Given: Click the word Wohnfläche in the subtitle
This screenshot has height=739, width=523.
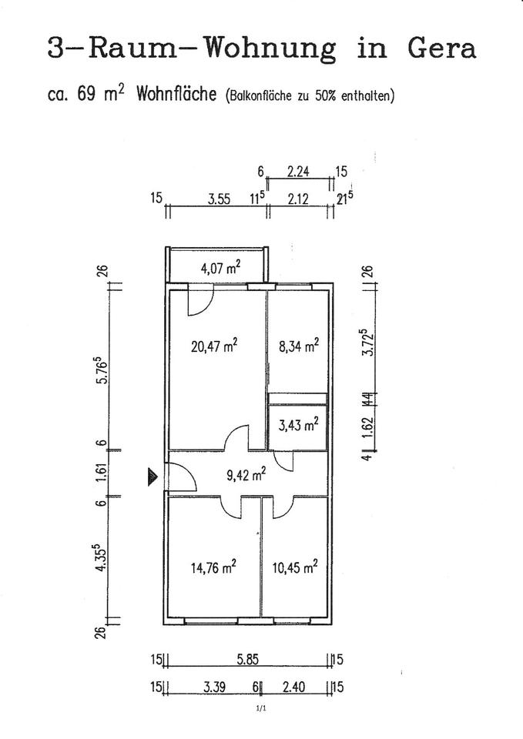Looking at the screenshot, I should [x=176, y=95].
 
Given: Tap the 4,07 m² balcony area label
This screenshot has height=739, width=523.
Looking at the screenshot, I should [x=220, y=269].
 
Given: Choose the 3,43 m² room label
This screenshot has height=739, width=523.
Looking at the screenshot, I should [x=298, y=423].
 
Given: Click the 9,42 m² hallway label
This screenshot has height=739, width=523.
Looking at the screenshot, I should [x=246, y=474].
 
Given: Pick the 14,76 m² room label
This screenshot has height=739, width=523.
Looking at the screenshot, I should [x=213, y=568].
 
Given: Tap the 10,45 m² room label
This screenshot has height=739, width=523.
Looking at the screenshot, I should [x=295, y=568].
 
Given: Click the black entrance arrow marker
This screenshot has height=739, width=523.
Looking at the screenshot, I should [x=153, y=478].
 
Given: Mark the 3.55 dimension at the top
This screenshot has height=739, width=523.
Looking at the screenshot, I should [x=220, y=199].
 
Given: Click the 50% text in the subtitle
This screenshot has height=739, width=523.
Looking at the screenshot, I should [x=320, y=97].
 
